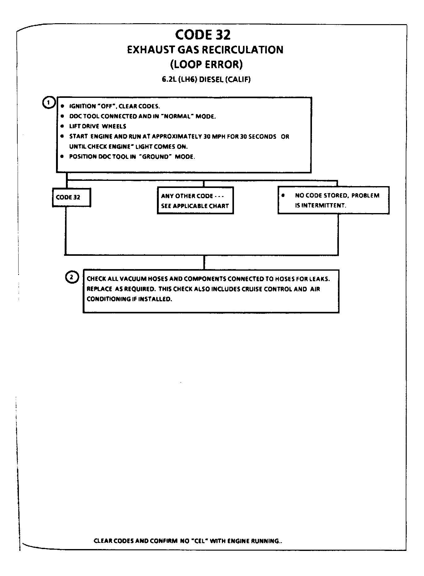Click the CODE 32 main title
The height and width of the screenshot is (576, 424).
tap(203, 35)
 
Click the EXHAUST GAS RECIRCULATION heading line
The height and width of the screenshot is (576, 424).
tap(205, 50)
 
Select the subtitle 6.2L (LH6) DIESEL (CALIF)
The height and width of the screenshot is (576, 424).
tap(206, 79)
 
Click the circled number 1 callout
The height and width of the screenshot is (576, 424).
tap(48, 103)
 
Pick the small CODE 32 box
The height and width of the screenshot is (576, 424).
tap(71, 197)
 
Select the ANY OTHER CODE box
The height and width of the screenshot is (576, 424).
tap(195, 201)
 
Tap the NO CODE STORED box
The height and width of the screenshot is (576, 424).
tap(333, 200)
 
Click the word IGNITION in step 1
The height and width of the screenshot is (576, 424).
tap(82, 106)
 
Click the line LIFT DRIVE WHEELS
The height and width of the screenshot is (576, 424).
tap(97, 126)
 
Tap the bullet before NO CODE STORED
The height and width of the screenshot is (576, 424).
tap(283, 195)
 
